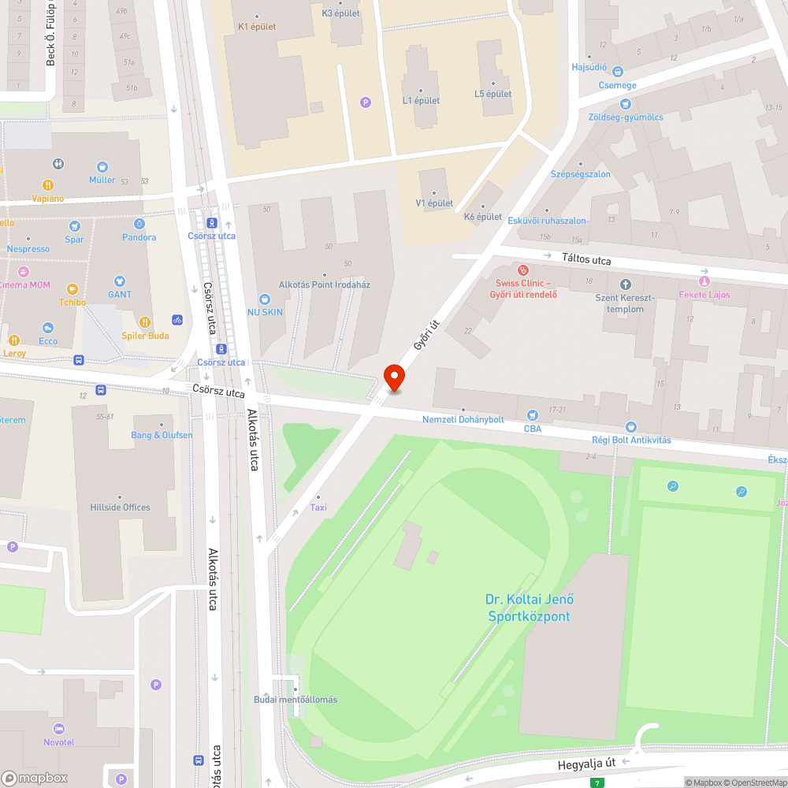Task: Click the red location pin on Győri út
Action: pyautogui.click(x=394, y=377)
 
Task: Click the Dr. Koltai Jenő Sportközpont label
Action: pyautogui.click(x=527, y=608)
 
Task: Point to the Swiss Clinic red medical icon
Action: pyautogui.click(x=522, y=269)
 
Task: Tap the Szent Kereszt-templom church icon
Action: pyautogui.click(x=626, y=284)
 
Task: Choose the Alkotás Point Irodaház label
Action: pyautogui.click(x=325, y=284)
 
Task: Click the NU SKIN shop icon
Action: pyautogui.click(x=265, y=299)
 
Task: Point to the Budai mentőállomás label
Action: pyautogui.click(x=295, y=700)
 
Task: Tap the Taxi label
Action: pyautogui.click(x=318, y=507)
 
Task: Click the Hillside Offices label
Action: pyautogui.click(x=120, y=507)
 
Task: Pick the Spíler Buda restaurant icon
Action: pyautogui.click(x=145, y=322)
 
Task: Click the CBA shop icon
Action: pyautogui.click(x=532, y=414)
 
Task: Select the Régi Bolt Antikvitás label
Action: pyautogui.click(x=631, y=440)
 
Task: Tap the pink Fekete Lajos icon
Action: pyautogui.click(x=704, y=281)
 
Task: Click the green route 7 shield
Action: pyautogui.click(x=598, y=782)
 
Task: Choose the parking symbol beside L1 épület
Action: pyautogui.click(x=365, y=102)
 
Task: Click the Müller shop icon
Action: pyautogui.click(x=102, y=167)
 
